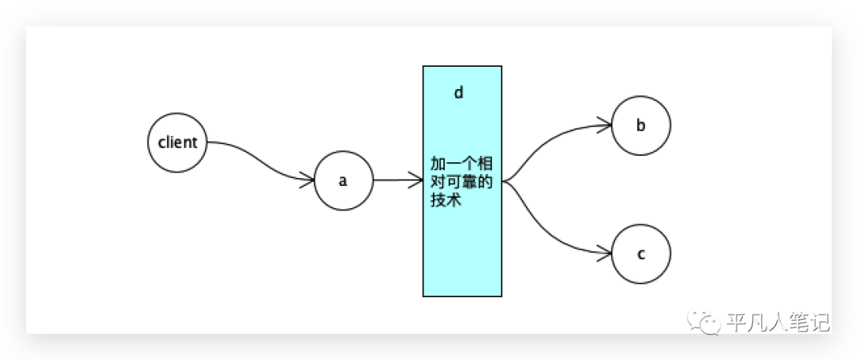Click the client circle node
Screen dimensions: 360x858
178,142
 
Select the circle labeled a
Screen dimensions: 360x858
343,180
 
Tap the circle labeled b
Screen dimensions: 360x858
641,125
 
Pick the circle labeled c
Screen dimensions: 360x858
641,254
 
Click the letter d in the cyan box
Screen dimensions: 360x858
458,93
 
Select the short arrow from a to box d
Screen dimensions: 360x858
397,180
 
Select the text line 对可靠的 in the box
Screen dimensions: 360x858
462,183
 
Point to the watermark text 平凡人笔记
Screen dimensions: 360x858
778,322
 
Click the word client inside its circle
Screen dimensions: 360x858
178,143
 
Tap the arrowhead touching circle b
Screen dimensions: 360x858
605,125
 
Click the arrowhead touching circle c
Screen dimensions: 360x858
605,254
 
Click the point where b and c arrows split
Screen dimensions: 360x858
505,181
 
